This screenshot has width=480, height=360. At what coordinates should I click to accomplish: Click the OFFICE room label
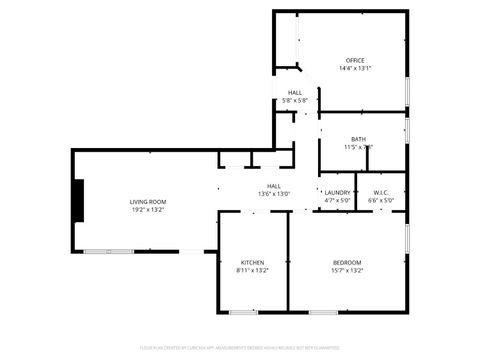tap(355, 60)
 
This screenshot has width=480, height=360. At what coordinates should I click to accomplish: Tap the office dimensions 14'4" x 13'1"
tap(355, 69)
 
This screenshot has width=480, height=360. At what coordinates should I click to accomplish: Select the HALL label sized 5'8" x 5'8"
tap(295, 92)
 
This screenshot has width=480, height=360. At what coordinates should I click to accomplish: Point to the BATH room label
tap(358, 139)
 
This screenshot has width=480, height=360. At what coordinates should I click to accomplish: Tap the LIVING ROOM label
tap(148, 201)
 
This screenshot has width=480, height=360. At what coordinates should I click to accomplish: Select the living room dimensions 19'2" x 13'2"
tap(148, 210)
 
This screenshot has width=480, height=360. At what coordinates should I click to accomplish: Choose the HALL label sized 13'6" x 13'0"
tap(273, 185)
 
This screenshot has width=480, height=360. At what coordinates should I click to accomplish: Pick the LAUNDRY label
tap(337, 192)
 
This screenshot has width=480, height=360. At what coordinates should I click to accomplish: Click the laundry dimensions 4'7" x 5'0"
tap(337, 200)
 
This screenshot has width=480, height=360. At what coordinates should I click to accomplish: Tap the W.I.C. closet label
tap(381, 192)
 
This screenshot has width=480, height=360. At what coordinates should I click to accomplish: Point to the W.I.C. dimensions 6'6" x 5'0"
tap(381, 200)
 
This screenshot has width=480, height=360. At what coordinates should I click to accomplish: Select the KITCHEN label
tap(252, 262)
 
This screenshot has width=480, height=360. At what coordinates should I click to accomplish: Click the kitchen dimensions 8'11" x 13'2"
tap(252, 270)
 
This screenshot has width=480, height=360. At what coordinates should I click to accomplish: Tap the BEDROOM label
tap(347, 262)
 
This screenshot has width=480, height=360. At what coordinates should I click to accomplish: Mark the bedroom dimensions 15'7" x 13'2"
tap(347, 270)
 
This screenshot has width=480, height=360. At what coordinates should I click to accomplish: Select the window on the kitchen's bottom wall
tap(251, 312)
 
